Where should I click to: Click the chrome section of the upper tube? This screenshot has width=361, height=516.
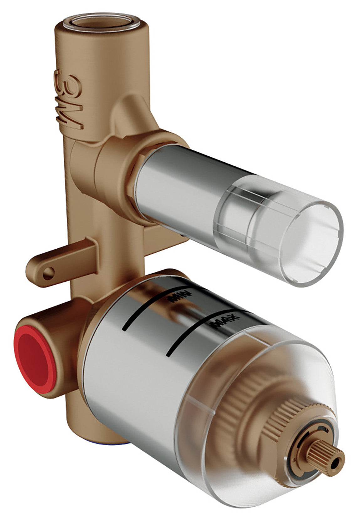[175, 185]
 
